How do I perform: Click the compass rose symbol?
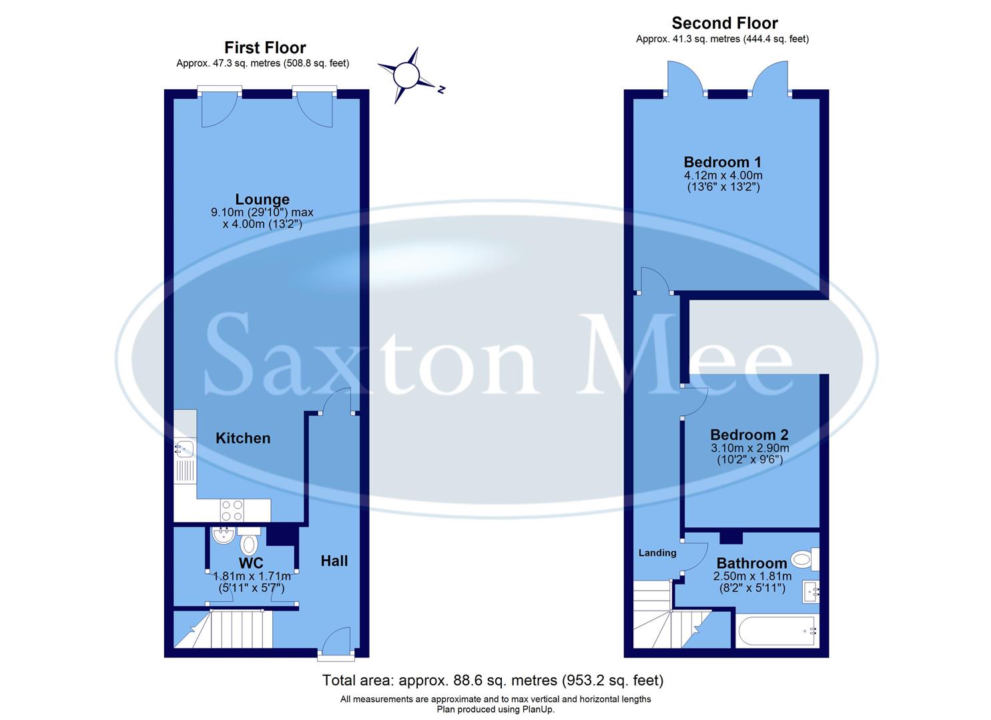tap(406, 75)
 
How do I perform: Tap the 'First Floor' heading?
tap(265, 48)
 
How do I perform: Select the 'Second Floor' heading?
tap(724, 23)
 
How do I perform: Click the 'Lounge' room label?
tap(262, 199)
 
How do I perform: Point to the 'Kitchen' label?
tap(243, 438)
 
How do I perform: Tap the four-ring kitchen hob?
tap(232, 511)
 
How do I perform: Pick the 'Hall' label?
tap(334, 561)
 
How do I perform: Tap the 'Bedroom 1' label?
tap(722, 162)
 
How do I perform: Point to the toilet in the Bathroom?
tap(803, 560)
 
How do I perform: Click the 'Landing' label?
tap(657, 553)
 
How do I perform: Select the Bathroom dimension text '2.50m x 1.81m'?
tap(752, 577)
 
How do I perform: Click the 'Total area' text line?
tap(492, 681)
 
